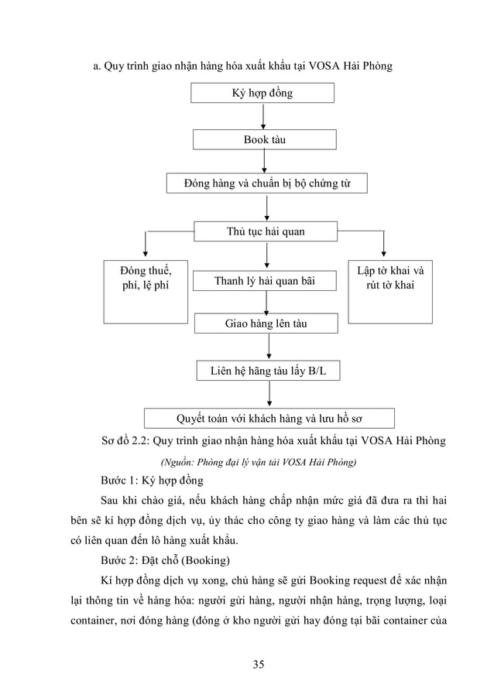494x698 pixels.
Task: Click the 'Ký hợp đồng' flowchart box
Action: (x=263, y=94)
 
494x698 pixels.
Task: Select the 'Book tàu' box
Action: (x=265, y=140)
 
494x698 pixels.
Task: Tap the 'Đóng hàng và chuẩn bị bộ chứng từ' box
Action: (x=267, y=184)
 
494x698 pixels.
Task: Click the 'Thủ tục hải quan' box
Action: (x=266, y=231)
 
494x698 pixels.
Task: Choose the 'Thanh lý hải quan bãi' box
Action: (x=265, y=279)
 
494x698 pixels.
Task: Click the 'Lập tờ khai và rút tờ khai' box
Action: (x=390, y=291)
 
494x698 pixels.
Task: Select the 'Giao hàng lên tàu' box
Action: (x=265, y=323)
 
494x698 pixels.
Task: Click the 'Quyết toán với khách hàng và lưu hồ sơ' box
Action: (x=269, y=419)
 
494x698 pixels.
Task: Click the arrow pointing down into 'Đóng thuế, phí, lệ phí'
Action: (x=145, y=246)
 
